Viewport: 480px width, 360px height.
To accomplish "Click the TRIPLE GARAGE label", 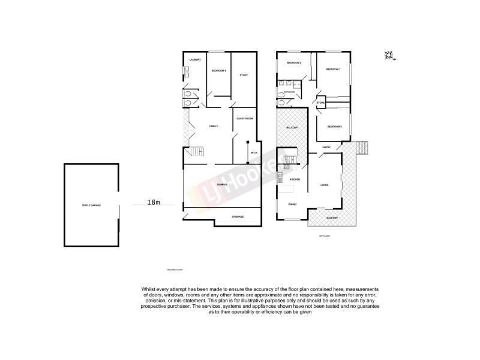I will pyautogui.click(x=91, y=205).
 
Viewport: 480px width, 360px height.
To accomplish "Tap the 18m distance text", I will pyautogui.click(x=154, y=203).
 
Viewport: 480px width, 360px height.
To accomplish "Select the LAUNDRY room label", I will pyautogui.click(x=194, y=59).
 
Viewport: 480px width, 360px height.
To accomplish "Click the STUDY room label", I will pyautogui.click(x=244, y=75).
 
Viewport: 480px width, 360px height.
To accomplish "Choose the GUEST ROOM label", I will pyautogui.click(x=245, y=119).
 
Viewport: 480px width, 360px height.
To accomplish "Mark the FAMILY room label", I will pyautogui.click(x=213, y=126).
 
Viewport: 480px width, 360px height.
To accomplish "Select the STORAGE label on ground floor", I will pyautogui.click(x=238, y=217).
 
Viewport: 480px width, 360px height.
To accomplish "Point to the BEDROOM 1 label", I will pyautogui.click(x=333, y=70).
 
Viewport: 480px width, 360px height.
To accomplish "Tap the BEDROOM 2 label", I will pyautogui.click(x=293, y=62).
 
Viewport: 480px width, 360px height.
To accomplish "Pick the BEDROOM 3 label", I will pyautogui.click(x=334, y=127).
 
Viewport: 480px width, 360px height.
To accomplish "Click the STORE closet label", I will pyautogui.click(x=320, y=103).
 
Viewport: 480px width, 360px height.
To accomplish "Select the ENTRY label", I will pyautogui.click(x=326, y=147).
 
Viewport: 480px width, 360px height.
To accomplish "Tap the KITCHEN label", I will pyautogui.click(x=295, y=180).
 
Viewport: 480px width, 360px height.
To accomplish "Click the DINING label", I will pyautogui.click(x=292, y=205).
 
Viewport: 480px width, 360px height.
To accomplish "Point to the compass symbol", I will pyautogui.click(x=389, y=56).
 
